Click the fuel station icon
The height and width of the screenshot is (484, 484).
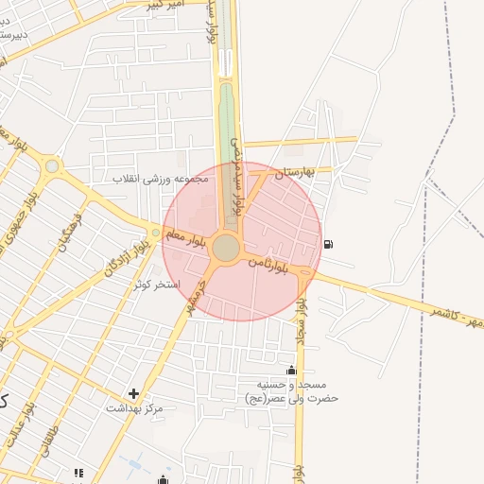pyautogui.click(x=328, y=244)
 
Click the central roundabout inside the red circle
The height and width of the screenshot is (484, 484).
pyautogui.click(x=226, y=248)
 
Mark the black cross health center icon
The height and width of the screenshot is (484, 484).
pyautogui.click(x=133, y=393)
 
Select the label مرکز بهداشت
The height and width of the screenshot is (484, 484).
pyautogui.click(x=134, y=408)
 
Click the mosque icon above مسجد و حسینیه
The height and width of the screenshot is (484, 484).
pyautogui.click(x=291, y=370)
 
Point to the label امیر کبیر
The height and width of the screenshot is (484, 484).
pyautogui.click(x=164, y=5)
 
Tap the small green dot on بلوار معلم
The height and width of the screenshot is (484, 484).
pyautogui.click(x=157, y=233)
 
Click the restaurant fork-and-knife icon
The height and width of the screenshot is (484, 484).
pyautogui.click(x=78, y=473)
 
